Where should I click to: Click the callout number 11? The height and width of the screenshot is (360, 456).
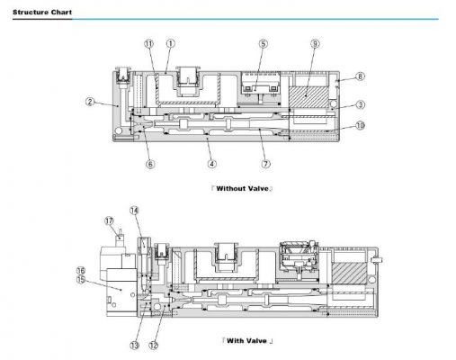click(148, 44)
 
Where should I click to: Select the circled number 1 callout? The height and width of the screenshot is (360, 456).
click(170, 44)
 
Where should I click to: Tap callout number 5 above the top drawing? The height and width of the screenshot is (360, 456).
click(263, 44)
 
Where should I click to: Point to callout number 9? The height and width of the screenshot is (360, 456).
click(315, 44)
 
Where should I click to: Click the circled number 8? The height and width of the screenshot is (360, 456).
click(360, 76)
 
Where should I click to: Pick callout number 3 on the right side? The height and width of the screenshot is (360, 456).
click(360, 104)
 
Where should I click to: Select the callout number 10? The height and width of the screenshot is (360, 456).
click(360, 125)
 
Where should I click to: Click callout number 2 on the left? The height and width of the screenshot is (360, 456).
click(90, 102)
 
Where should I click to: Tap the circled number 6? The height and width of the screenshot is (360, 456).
click(150, 164)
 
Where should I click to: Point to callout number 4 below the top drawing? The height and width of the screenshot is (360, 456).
click(212, 164)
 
